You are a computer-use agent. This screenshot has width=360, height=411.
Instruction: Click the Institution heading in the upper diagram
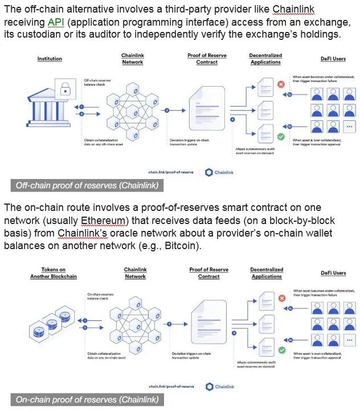(x=50, y=59)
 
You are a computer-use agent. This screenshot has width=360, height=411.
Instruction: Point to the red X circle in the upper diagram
(x=280, y=84)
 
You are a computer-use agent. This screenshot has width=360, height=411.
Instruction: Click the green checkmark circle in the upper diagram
(x=281, y=137)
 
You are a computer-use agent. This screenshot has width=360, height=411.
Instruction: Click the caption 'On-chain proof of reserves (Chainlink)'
(x=87, y=400)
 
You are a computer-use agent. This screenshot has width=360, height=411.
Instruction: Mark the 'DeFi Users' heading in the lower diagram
(x=333, y=273)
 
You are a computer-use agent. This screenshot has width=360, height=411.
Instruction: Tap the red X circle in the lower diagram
(x=281, y=298)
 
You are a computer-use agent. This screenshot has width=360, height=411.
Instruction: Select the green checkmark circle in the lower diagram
(x=281, y=351)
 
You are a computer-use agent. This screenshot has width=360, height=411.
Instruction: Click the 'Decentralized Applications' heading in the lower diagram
(x=267, y=273)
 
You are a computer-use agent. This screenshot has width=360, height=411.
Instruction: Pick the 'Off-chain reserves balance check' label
(x=97, y=83)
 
